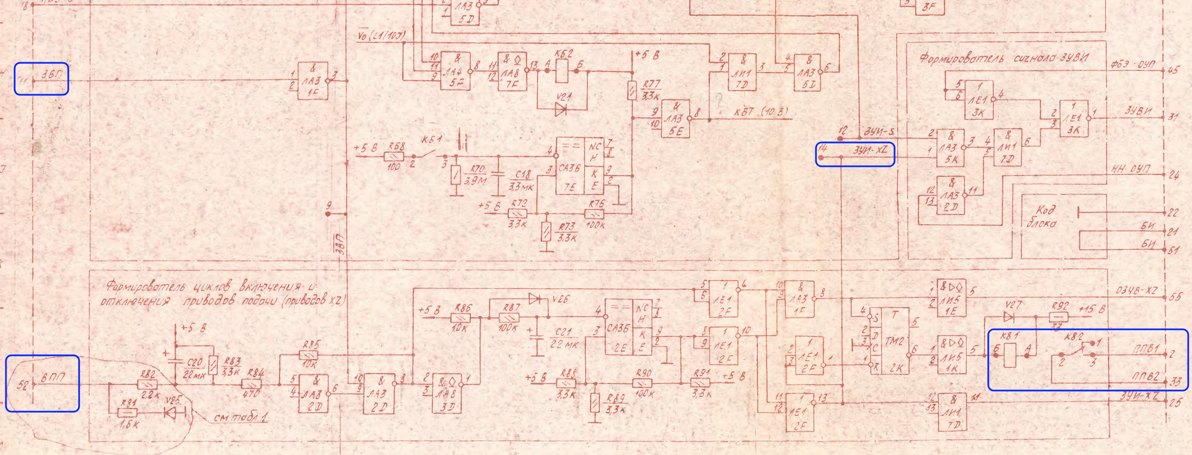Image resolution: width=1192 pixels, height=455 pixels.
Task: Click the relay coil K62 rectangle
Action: coord(562,71)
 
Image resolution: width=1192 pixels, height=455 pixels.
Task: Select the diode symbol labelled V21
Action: coord(561,110)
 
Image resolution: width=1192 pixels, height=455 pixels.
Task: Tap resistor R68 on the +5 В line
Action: coord(394,157)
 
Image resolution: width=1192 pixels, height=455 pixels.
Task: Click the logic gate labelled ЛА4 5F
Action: coord(455,70)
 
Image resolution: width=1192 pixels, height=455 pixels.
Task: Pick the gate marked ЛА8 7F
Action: coord(512,71)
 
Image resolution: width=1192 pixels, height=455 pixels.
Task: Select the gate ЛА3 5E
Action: coord(675,119)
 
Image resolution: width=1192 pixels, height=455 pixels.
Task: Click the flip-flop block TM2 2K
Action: coord(892,340)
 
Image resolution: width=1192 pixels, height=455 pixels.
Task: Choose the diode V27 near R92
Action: coord(1009,316)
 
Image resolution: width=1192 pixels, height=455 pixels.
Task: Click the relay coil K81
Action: coord(1010,356)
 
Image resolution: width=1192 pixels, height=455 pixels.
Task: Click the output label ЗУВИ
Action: coord(1137,111)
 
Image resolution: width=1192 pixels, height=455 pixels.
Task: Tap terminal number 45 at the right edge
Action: coord(1174,70)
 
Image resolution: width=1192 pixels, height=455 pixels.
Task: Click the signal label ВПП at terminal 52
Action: coord(54,378)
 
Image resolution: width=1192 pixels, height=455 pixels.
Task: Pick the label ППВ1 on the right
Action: coord(1145,350)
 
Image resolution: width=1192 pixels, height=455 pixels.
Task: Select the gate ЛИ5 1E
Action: coord(951,297)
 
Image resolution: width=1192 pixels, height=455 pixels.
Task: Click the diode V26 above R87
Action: coord(535,298)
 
